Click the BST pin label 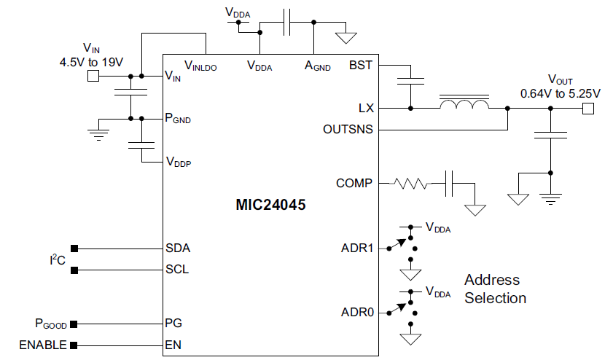coord(361,65)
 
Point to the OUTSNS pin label coord(348,130)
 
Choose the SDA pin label coord(178,248)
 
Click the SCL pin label coord(178,269)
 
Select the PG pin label coord(173,322)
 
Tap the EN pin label coord(173,345)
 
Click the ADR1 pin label coord(357,249)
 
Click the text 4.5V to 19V coord(91,63)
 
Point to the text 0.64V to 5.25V coord(560,93)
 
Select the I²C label coord(57,259)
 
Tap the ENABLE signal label coord(43,345)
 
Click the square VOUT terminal coord(588,109)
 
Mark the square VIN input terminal coord(93,76)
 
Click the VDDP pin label coord(179,161)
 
